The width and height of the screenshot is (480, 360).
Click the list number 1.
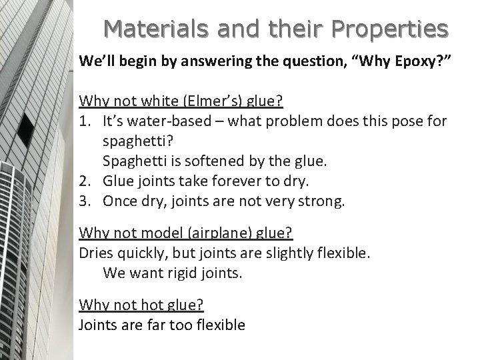[85, 121]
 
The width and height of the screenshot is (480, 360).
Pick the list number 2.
[85, 180]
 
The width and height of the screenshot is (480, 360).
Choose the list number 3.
[85, 200]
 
